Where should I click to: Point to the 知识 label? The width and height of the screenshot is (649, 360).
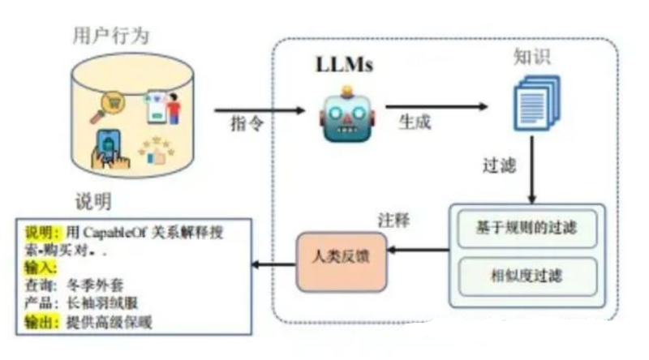tap(531, 58)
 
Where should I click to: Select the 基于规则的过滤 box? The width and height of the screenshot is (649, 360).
tap(527, 229)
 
